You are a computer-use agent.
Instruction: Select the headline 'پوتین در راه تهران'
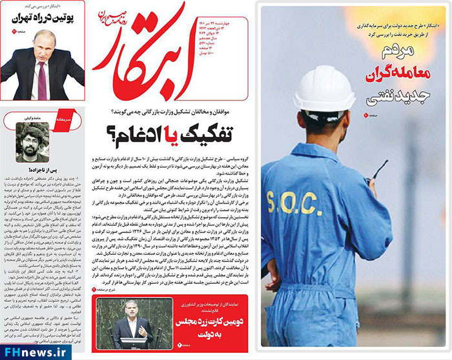43,19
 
